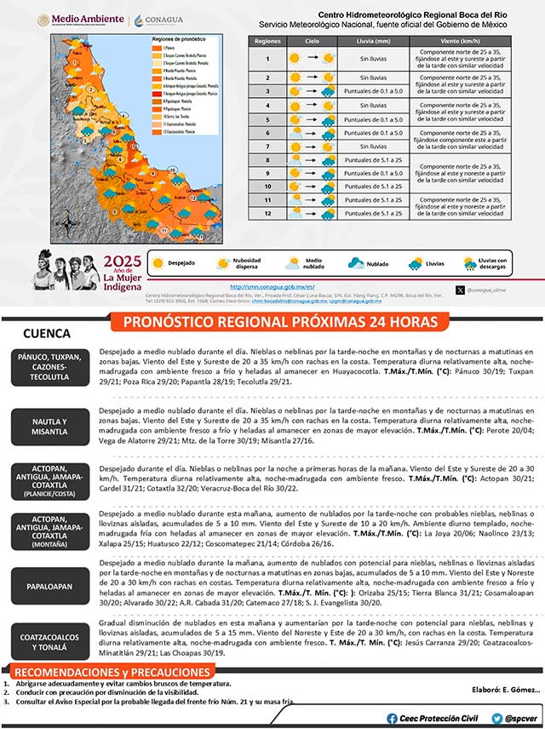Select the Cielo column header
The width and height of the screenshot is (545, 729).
[x=313, y=40]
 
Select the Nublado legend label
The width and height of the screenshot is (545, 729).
[x=377, y=264]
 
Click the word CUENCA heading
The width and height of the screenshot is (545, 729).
[x=47, y=334]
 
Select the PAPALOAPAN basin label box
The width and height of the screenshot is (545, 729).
[x=50, y=587]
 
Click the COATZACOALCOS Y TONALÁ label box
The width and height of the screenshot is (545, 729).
[x=50, y=640]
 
